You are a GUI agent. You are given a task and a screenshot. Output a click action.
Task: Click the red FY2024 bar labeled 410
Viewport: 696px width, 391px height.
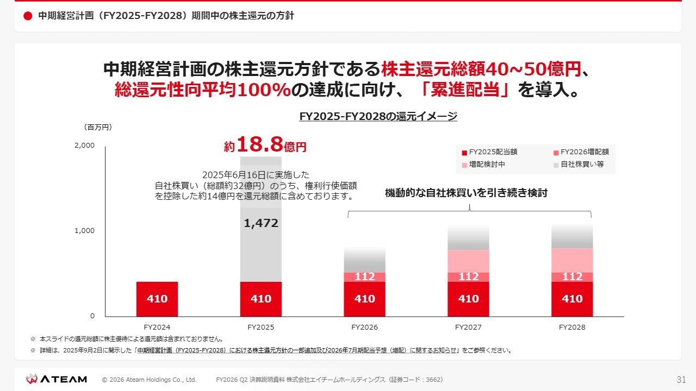pos(157,299)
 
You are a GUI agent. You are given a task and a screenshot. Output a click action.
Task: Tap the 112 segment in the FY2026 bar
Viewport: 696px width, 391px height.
pos(364,277)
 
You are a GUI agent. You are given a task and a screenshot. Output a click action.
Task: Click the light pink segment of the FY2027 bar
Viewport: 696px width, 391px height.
pos(468,261)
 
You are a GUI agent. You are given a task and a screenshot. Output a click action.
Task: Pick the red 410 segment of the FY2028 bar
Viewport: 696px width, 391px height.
pos(572,299)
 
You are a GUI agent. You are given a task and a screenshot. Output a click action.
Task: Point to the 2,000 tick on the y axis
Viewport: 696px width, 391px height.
pos(84,146)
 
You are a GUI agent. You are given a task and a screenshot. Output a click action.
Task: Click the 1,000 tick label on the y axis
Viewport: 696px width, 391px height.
pos(84,231)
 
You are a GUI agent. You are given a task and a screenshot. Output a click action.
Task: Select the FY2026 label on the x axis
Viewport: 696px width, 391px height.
pos(364,327)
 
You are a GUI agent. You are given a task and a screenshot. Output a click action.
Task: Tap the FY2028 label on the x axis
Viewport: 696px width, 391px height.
pos(572,327)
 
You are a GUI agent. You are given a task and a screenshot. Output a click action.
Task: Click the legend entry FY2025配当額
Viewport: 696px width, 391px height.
pos(489,153)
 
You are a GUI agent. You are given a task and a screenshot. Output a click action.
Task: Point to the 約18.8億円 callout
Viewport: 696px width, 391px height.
pos(265,145)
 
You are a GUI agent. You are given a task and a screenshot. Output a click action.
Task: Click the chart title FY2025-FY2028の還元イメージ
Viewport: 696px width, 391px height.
pos(378,116)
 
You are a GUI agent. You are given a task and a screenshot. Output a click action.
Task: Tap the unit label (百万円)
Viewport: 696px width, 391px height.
pos(98,127)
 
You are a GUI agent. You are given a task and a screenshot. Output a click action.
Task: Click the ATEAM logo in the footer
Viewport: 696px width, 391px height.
pos(57,379)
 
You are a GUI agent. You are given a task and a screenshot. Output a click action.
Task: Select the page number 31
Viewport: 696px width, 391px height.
pos(681,380)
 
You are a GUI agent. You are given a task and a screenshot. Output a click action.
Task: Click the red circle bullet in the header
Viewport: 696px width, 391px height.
pos(28,16)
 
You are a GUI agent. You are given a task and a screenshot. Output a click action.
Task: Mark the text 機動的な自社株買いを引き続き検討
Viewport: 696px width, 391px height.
pos(466,193)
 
